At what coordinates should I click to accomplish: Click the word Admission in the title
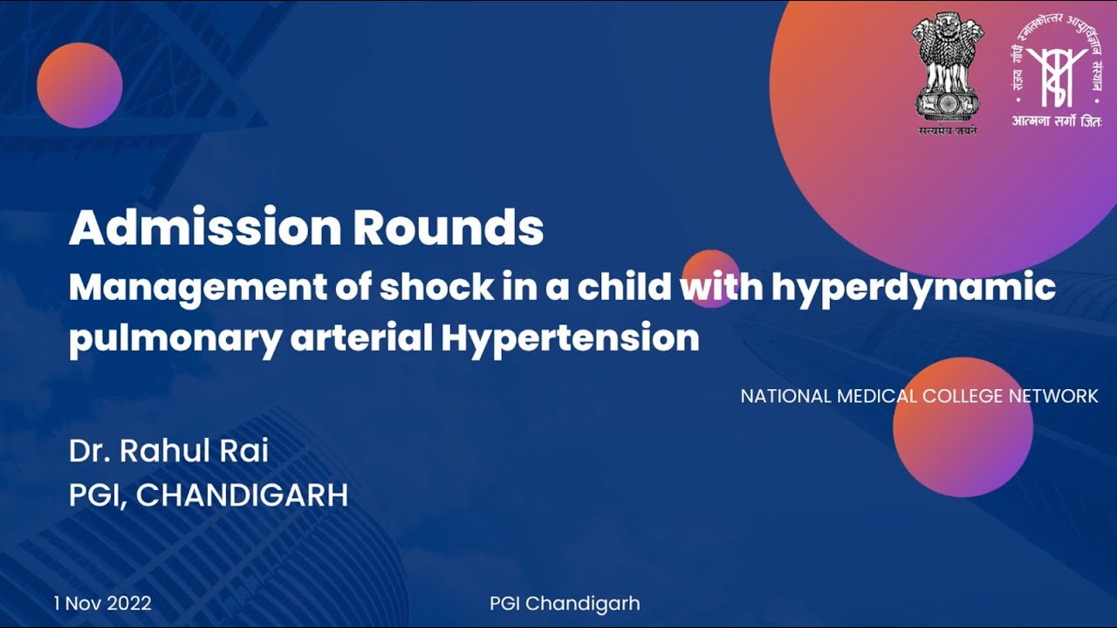tap(204, 229)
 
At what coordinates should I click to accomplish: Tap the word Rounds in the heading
tap(449, 229)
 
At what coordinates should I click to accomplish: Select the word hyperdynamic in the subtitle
tap(913, 287)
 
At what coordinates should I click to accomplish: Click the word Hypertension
tap(570, 338)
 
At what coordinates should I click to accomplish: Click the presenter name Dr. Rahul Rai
tap(168, 451)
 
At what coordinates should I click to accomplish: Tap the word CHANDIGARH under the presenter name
tap(242, 495)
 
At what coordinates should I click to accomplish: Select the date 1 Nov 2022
tap(102, 603)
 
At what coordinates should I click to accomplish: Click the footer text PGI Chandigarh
tap(565, 603)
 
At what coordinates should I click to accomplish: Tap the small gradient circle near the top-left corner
tap(79, 85)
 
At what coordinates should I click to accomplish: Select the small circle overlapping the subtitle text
tap(710, 278)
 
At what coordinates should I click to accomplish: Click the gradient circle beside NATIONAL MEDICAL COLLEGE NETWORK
tap(963, 427)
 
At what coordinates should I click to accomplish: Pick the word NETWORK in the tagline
tap(1053, 396)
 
